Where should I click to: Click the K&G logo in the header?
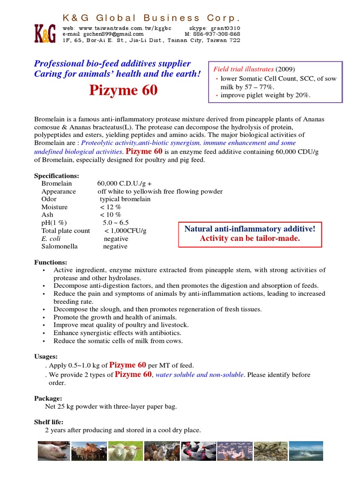point(45,34)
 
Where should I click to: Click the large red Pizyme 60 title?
point(123,90)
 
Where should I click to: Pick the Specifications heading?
point(57,176)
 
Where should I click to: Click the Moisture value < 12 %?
point(111,207)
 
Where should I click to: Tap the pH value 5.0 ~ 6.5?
point(116,223)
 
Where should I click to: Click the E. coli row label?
point(50,239)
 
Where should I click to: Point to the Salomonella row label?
point(60,247)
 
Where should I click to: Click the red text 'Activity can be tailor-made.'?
point(249,238)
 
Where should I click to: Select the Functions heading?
point(51,262)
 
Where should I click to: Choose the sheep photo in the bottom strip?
point(125,451)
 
